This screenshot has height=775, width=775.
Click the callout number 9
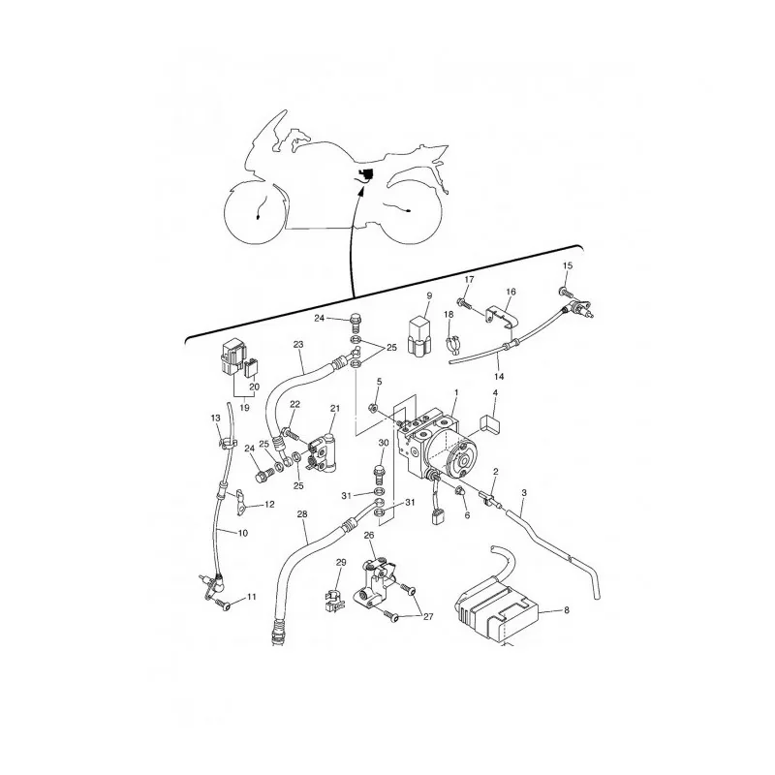click(x=429, y=295)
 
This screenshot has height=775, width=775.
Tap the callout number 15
click(x=568, y=265)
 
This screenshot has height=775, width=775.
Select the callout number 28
click(x=302, y=514)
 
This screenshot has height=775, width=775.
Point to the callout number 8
click(x=567, y=610)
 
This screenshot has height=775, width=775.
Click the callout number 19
click(x=244, y=408)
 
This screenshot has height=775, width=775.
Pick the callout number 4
click(x=495, y=393)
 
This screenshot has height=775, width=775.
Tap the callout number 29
click(x=341, y=563)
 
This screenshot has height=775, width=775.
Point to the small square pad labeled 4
click(x=488, y=423)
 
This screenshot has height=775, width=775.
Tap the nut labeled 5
click(x=374, y=408)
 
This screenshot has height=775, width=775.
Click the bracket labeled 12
click(x=240, y=501)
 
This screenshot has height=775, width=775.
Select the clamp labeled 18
click(x=452, y=345)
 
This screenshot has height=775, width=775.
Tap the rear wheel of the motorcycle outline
click(x=409, y=211)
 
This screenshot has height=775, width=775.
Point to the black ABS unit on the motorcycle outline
click(x=366, y=175)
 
